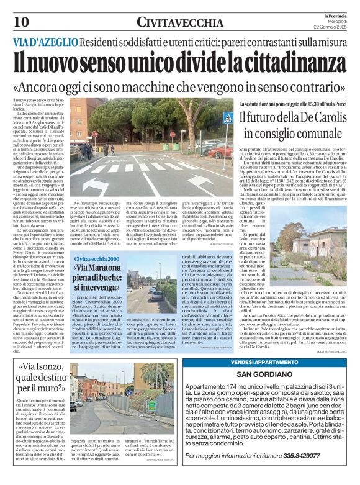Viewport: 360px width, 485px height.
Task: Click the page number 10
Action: tap(20, 22)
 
